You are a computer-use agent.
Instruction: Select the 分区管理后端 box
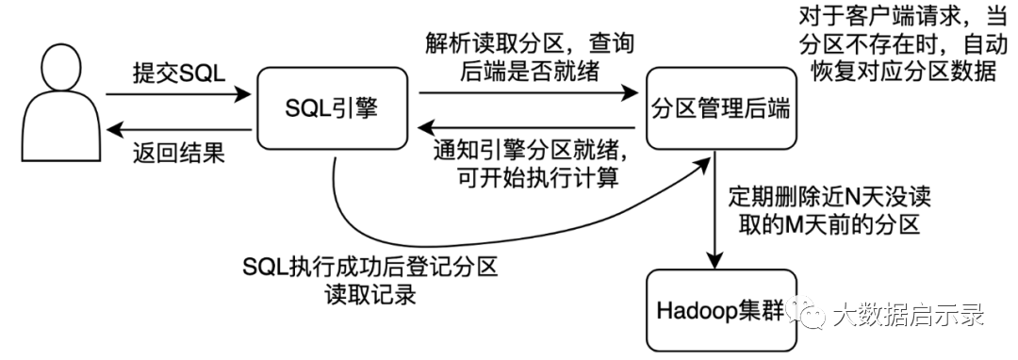tap(720, 109)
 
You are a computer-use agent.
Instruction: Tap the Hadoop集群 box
tap(720, 311)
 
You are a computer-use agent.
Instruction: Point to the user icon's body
tap(61, 126)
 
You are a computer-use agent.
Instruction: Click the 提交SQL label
tap(178, 74)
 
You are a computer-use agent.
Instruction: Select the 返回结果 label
tap(178, 153)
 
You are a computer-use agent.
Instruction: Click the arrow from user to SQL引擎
tap(178, 94)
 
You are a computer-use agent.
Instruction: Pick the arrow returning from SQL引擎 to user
tap(178, 130)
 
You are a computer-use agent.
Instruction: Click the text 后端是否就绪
tap(529, 74)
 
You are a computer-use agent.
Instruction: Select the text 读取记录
tap(370, 295)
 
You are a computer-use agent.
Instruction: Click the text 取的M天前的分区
tap(829, 225)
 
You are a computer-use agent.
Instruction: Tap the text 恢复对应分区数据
tap(903, 71)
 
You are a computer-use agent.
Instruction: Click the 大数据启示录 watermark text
tap(908, 316)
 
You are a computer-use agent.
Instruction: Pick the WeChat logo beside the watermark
tap(806, 314)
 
